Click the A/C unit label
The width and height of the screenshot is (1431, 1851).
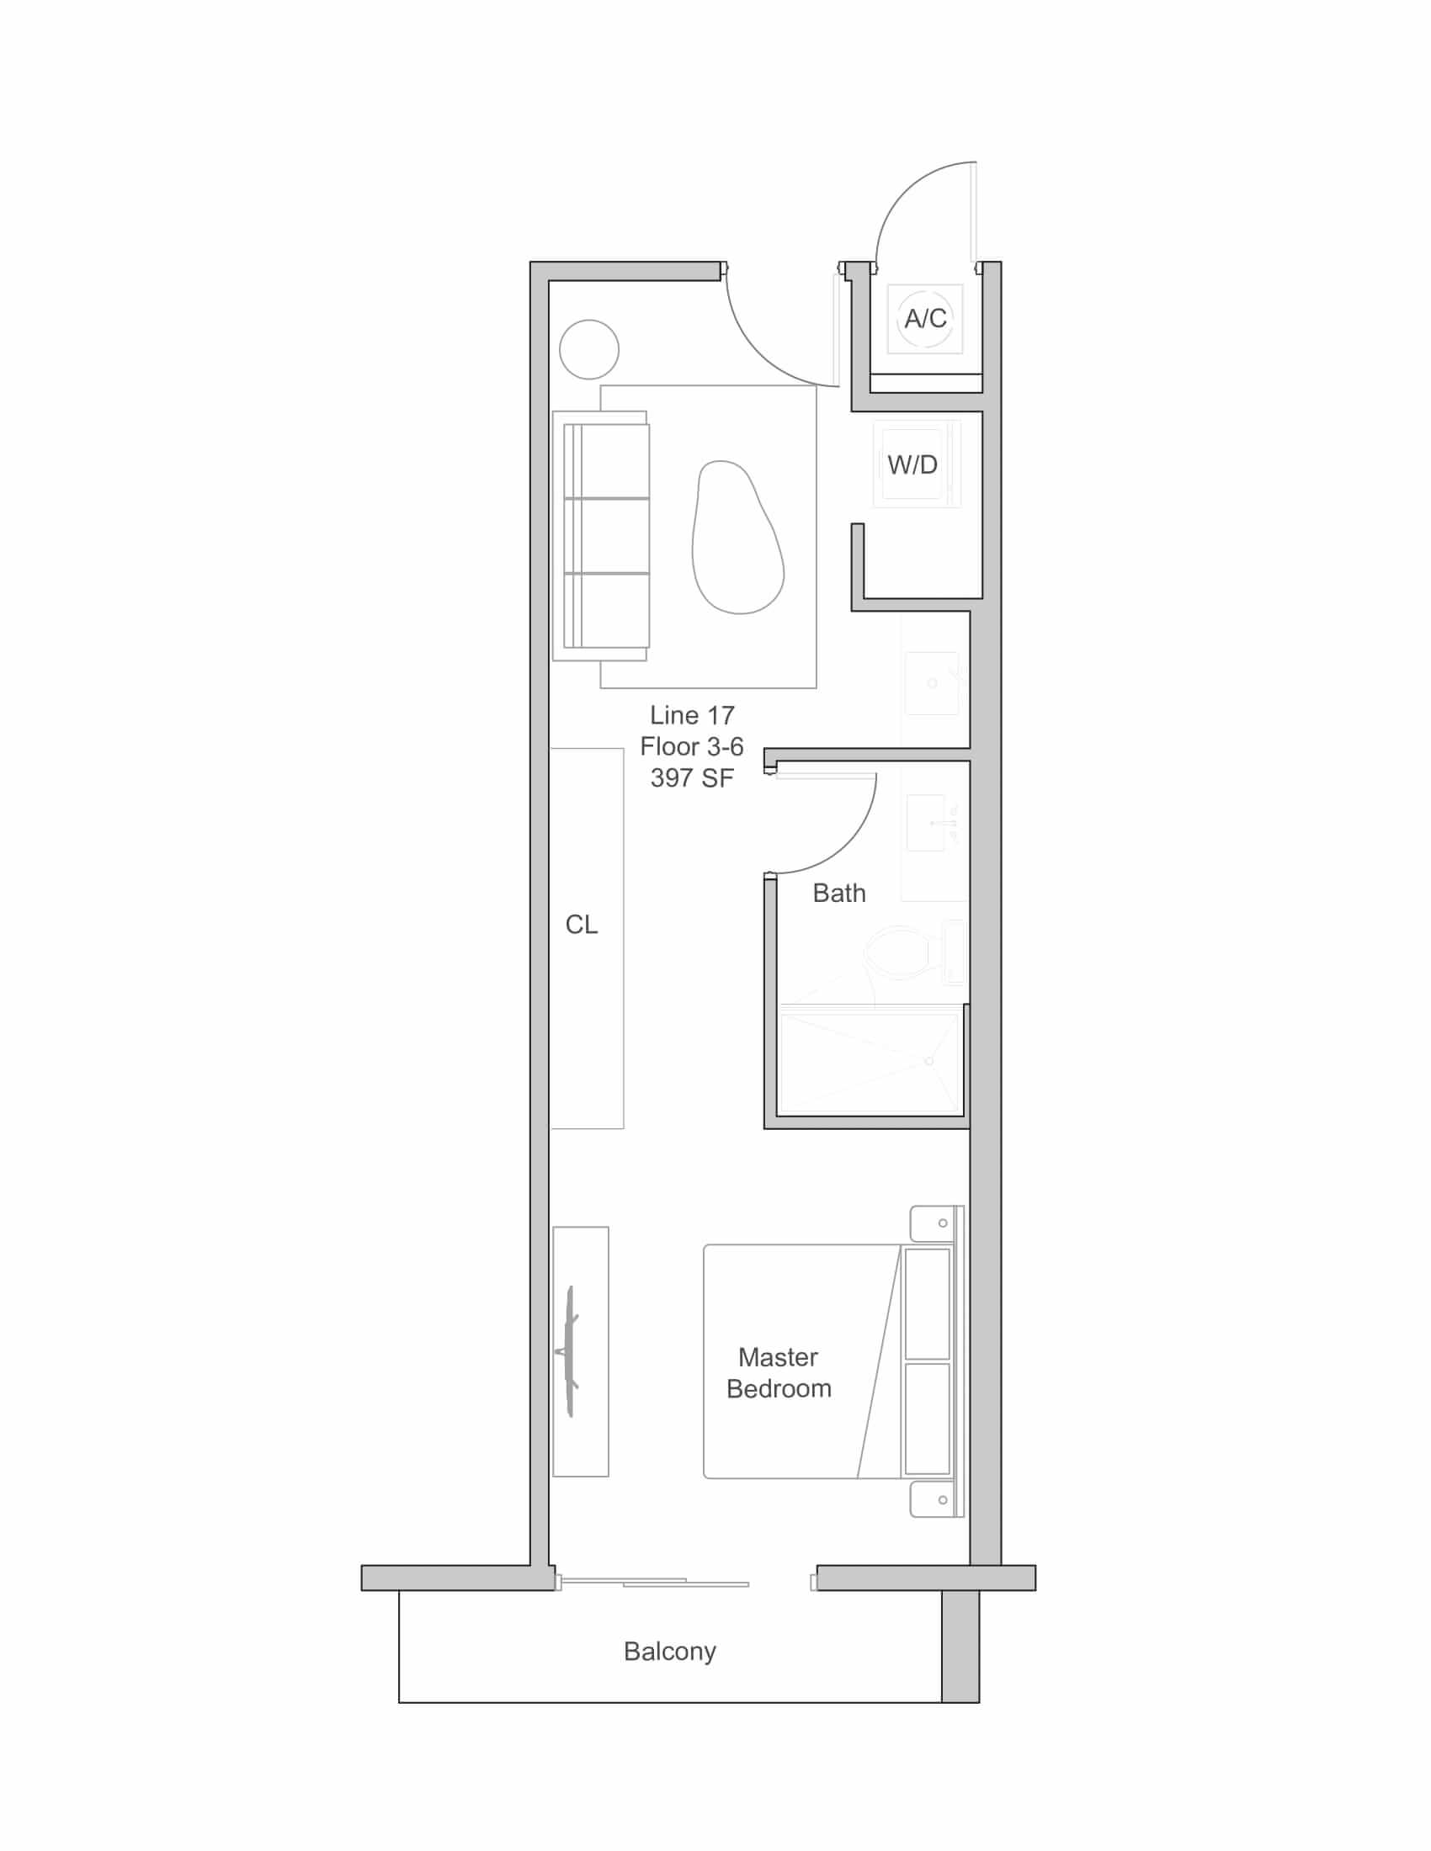point(925,319)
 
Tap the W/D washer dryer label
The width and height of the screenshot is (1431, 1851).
point(912,464)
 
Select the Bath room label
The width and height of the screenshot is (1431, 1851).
point(839,893)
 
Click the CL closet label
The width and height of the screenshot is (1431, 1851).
point(582,925)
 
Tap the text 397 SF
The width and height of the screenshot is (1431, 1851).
point(692,778)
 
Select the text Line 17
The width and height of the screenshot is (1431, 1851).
point(692,715)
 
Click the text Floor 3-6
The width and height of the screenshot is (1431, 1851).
point(692,746)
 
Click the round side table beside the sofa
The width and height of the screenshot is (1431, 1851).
point(589,349)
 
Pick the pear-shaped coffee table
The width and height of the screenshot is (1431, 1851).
point(737,538)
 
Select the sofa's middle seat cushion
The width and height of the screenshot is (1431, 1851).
point(607,536)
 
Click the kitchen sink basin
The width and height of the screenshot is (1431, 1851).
point(932,683)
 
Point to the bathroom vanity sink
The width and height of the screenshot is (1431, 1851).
point(926,823)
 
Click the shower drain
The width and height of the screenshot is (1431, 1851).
point(929,1061)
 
